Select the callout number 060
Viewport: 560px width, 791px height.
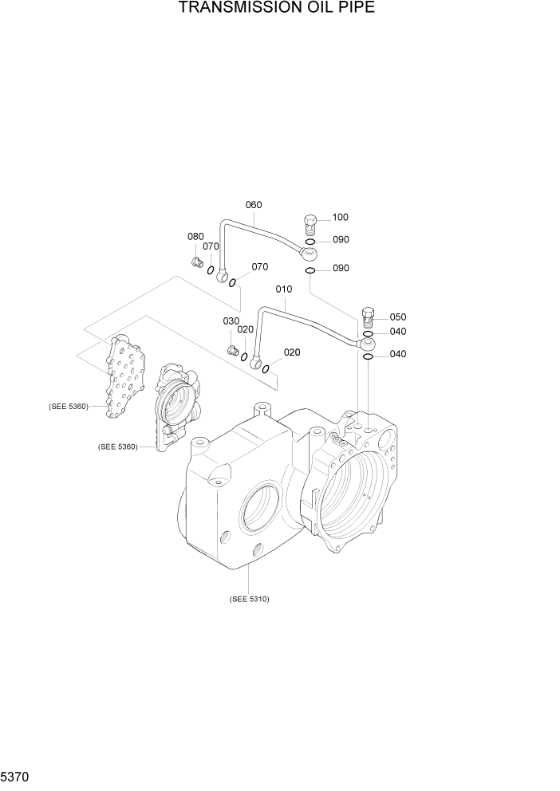coord(253,205)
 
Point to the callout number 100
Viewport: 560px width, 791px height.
coord(340,217)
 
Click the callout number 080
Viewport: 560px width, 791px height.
coord(195,237)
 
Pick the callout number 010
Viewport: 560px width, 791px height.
coord(284,289)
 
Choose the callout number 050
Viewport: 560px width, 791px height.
coord(397,317)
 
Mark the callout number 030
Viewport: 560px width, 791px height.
coord(231,321)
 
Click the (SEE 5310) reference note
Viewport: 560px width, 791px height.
coord(249,599)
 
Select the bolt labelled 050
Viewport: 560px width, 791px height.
coord(368,317)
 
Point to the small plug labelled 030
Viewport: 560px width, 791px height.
coord(233,349)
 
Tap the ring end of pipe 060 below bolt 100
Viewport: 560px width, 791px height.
coord(310,254)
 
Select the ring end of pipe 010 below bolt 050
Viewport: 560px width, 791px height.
coord(367,344)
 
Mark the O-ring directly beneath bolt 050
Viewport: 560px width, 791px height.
coord(368,333)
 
